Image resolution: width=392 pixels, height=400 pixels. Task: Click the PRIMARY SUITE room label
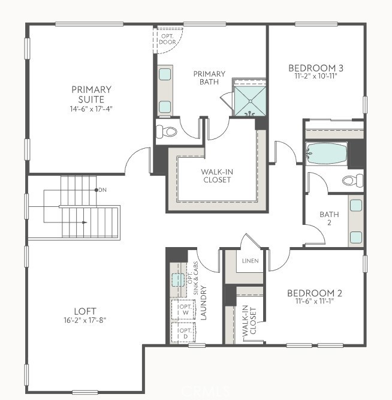(91, 94)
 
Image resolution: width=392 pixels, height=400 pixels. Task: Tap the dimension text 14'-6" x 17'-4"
(91, 109)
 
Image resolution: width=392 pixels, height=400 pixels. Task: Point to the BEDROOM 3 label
(315, 68)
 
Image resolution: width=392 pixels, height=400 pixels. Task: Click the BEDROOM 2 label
(314, 293)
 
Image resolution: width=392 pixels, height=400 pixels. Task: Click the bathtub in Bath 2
(327, 154)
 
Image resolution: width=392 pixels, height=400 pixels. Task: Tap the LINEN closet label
(250, 261)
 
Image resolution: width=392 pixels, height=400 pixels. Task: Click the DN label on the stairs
(101, 190)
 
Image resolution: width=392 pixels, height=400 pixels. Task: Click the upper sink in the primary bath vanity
(165, 74)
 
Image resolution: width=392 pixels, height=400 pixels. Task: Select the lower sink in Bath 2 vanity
(355, 235)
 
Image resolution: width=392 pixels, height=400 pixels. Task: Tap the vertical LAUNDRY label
(204, 303)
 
